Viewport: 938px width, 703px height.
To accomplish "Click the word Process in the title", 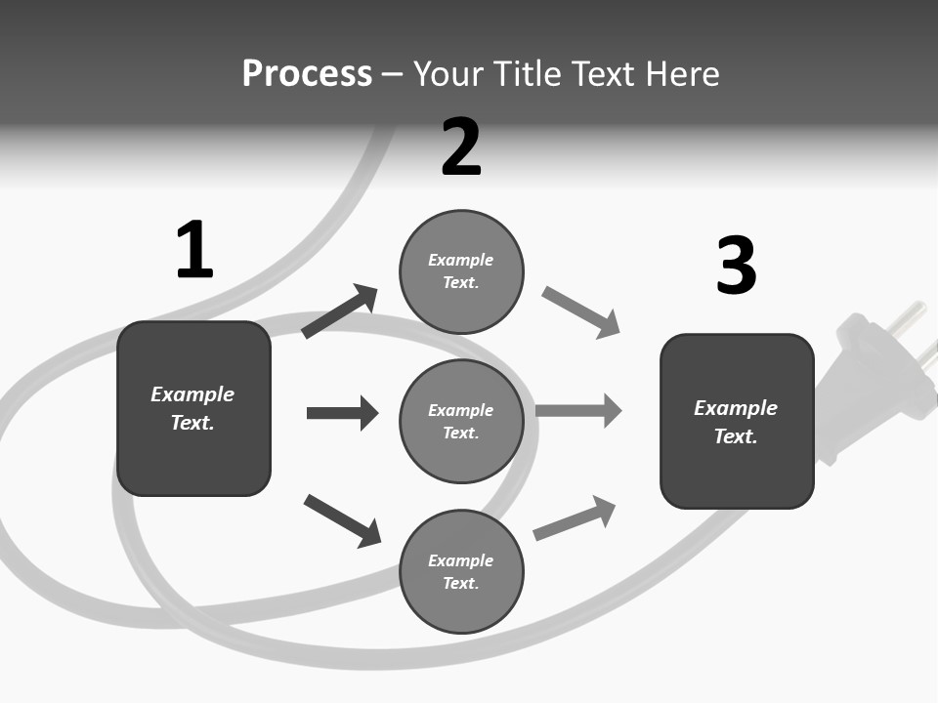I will coord(307,74).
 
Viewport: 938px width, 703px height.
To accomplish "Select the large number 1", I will coord(194,250).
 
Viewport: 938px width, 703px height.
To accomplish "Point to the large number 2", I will coord(461,147).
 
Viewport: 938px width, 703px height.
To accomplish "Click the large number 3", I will coord(736,266).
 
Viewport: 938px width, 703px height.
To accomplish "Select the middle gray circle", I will coord(461,422).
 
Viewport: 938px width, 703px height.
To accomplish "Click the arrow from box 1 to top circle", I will coord(340,311).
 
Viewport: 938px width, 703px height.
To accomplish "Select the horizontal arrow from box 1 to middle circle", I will coord(342,413).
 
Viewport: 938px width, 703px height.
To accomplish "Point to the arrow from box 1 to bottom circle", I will coord(342,520).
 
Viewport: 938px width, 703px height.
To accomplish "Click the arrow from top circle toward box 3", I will coord(580,312).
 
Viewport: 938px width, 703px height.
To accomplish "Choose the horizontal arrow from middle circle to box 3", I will coord(578,410).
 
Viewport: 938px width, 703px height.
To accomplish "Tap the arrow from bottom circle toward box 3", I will coord(575,518).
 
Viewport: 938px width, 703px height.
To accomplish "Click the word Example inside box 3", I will coord(736,408).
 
